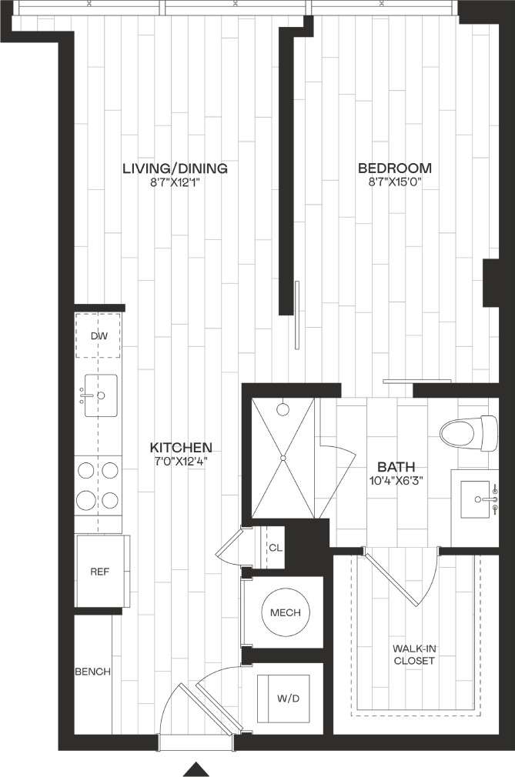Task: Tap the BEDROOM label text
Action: click(395, 168)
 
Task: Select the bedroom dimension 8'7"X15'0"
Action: click(395, 183)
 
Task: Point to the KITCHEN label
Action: click(180, 447)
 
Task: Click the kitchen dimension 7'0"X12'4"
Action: click(180, 462)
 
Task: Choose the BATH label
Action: click(396, 466)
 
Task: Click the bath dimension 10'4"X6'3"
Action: click(396, 481)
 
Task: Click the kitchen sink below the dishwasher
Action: click(99, 395)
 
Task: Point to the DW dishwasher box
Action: click(99, 336)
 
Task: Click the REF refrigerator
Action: click(99, 572)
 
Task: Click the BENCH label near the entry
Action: click(92, 672)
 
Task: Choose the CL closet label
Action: click(274, 548)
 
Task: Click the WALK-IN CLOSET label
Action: click(414, 655)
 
